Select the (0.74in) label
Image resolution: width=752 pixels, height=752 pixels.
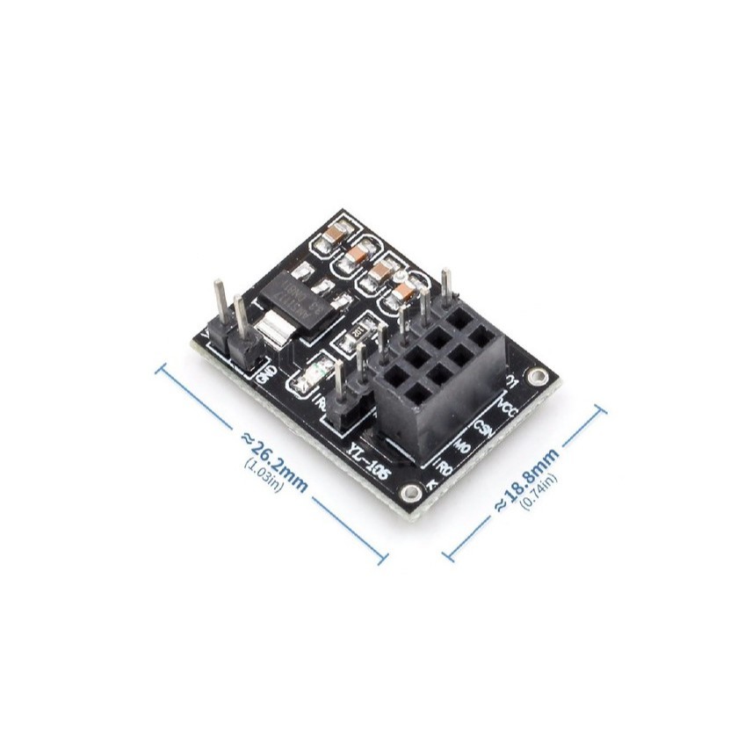coord(539,495)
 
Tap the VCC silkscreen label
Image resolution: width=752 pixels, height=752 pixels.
coord(508,407)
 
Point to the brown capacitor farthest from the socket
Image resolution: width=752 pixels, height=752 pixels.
coord(335,235)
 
